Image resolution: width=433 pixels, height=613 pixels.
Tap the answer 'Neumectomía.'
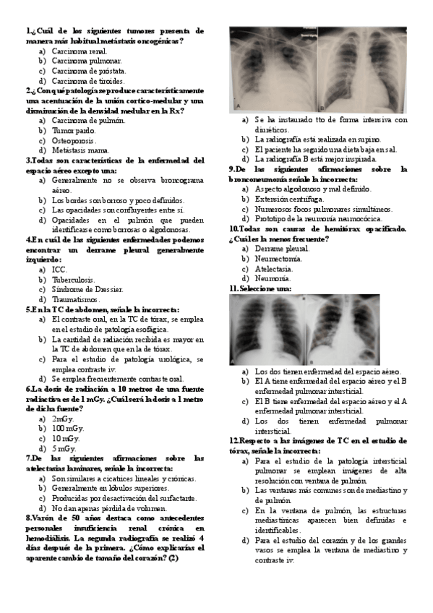282,258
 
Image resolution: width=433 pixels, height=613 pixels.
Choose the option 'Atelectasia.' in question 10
278,268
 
